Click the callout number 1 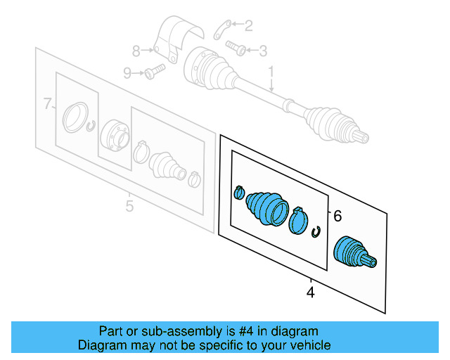click(x=270, y=71)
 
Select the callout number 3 click(x=263, y=50)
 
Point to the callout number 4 click(x=311, y=291)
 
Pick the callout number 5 click(x=129, y=206)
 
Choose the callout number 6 click(x=337, y=217)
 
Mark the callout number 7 click(x=48, y=105)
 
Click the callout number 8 click(x=136, y=50)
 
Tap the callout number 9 click(x=127, y=72)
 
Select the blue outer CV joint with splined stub click(x=353, y=253)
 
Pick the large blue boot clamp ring click(x=299, y=221)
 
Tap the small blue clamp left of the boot click(x=238, y=191)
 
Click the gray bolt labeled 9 click(x=155, y=70)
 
